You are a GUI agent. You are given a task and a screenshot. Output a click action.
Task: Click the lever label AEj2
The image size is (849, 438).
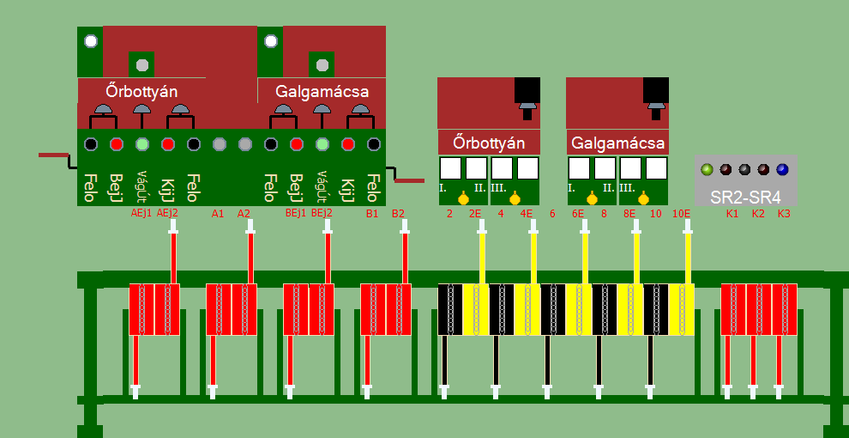(167, 213)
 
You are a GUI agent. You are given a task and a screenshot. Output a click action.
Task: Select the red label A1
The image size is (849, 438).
(218, 213)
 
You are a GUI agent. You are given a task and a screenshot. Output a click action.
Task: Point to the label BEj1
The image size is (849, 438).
(295, 213)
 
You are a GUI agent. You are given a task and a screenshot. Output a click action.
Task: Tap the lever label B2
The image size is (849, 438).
(398, 213)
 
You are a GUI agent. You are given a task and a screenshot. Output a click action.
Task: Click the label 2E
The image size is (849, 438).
(474, 213)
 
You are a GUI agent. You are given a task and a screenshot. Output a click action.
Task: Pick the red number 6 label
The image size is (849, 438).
(552, 213)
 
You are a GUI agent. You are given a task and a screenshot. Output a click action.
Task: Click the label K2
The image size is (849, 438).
(758, 213)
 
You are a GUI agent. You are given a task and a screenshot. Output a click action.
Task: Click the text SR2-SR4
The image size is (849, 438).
(744, 196)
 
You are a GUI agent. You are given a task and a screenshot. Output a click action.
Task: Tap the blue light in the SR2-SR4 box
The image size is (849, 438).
(782, 169)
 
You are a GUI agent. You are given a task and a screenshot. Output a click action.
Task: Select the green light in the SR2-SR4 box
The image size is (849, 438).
(707, 169)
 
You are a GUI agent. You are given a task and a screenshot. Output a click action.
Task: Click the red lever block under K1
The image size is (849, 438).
(733, 309)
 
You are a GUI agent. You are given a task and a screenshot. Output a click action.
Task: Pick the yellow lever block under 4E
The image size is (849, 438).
(527, 309)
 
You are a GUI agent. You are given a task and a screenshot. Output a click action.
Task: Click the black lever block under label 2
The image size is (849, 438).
(450, 309)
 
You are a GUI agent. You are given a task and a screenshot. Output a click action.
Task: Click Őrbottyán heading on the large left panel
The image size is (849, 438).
(141, 90)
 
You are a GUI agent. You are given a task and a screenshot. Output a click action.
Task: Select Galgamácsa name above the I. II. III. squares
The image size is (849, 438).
(617, 142)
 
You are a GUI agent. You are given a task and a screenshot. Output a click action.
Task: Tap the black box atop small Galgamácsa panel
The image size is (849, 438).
(655, 90)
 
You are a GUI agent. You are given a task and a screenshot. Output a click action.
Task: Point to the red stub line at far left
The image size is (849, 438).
(53, 155)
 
